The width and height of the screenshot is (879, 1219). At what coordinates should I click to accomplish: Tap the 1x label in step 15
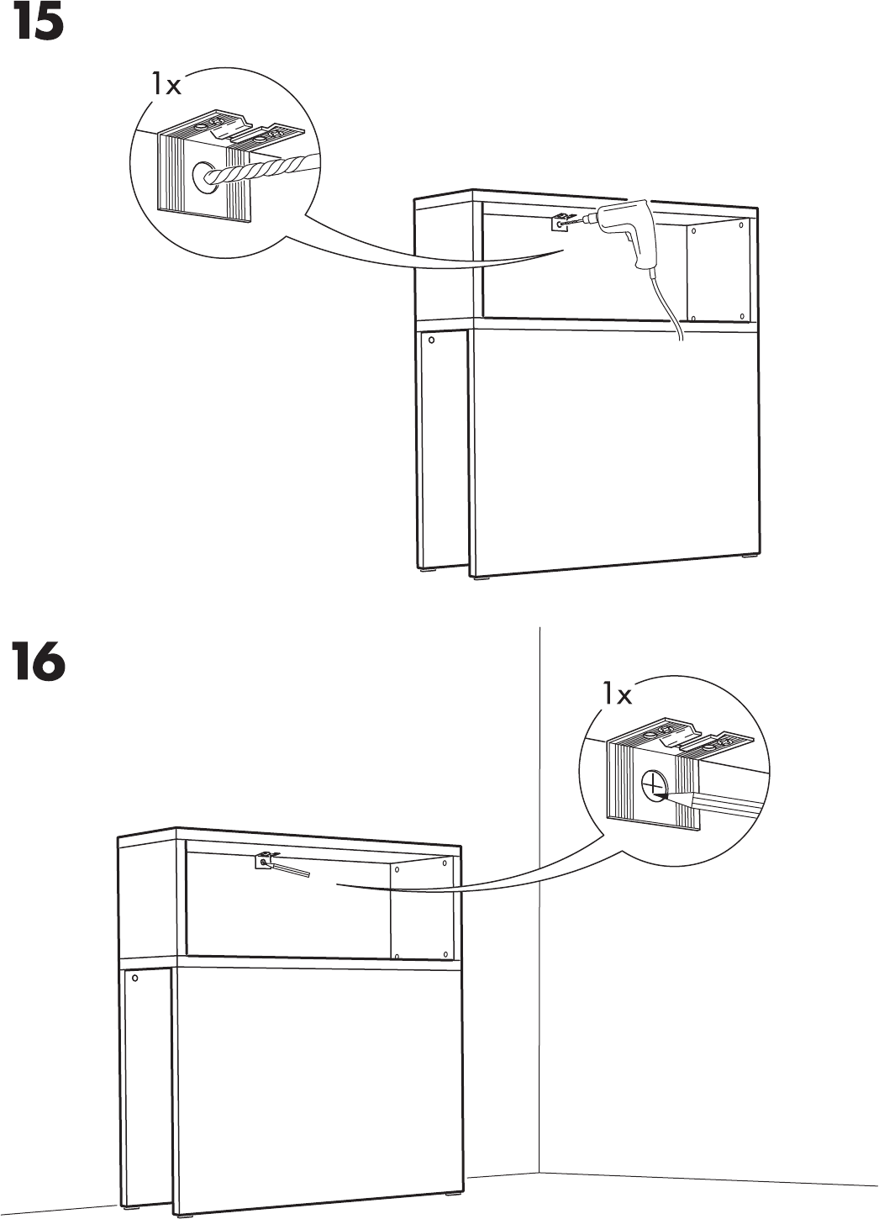[x=166, y=84]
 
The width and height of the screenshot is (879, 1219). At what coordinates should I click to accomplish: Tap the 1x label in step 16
[x=616, y=694]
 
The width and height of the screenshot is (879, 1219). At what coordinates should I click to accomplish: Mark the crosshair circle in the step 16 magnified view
[x=653, y=785]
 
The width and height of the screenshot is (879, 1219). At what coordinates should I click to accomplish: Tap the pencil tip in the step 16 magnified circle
[x=663, y=794]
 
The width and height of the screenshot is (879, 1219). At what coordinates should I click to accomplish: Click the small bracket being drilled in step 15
[x=559, y=223]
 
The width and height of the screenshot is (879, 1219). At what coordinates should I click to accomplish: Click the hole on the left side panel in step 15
[x=431, y=340]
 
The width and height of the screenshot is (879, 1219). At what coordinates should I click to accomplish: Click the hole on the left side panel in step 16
[x=134, y=980]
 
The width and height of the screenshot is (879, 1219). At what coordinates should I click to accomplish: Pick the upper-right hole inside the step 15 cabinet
[x=740, y=227]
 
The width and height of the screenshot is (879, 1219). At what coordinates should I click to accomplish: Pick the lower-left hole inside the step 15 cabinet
[x=694, y=318]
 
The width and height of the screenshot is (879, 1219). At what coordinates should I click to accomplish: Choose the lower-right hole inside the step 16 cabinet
[x=444, y=954]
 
